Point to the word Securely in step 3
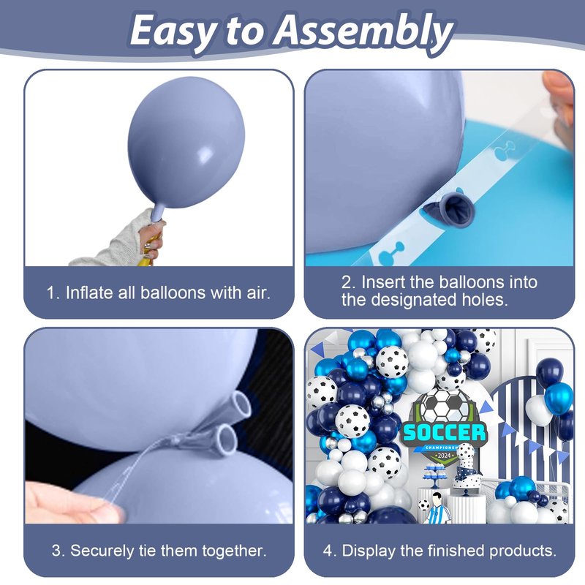pos(102,551)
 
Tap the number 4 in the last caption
pos(328,551)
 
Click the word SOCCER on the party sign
pos(444,433)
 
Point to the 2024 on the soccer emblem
pos(445,455)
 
